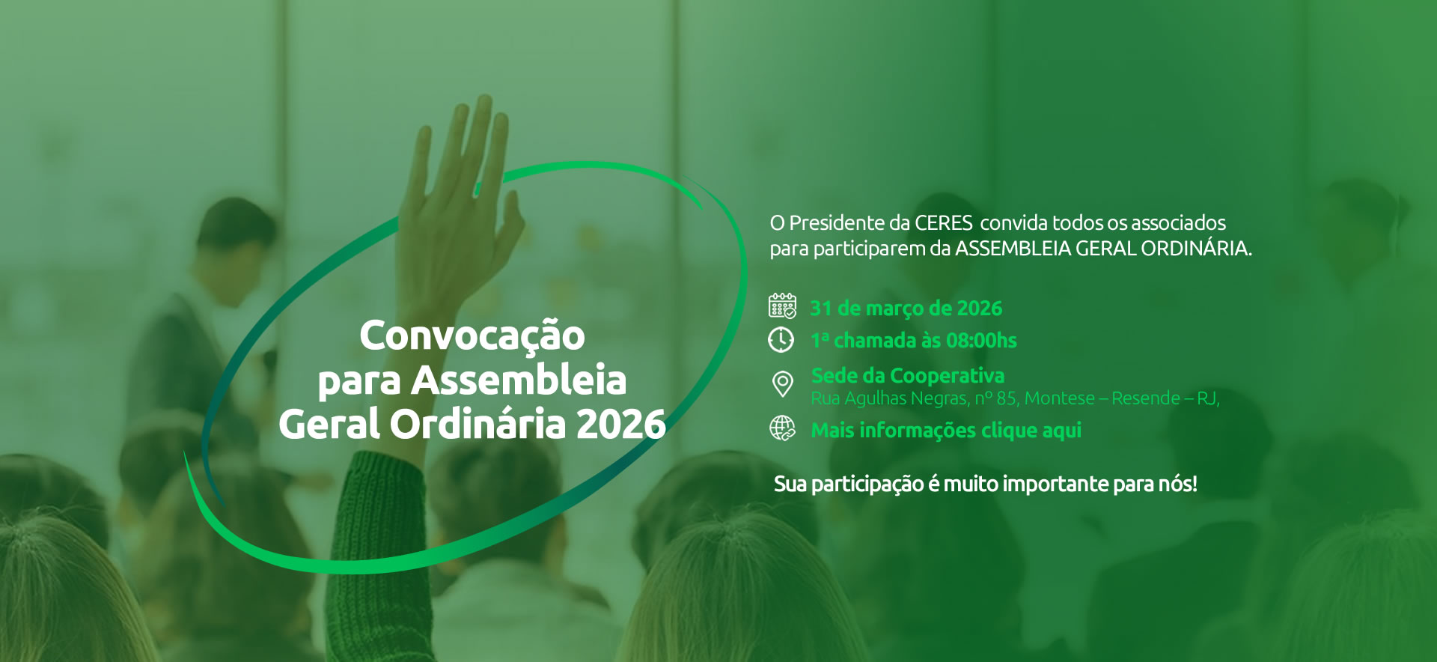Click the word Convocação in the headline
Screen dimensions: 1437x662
(x=472, y=336)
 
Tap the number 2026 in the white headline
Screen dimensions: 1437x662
(x=620, y=424)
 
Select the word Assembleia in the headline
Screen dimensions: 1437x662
(x=519, y=380)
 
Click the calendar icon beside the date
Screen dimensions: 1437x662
(x=782, y=306)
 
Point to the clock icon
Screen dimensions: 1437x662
(x=781, y=339)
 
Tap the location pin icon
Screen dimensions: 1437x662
(x=782, y=384)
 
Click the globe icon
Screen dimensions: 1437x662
(x=783, y=429)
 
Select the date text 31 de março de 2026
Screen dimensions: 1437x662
(x=906, y=309)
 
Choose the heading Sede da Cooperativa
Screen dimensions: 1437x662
(x=908, y=375)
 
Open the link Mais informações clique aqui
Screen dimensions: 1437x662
(x=946, y=431)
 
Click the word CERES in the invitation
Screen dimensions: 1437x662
(x=944, y=223)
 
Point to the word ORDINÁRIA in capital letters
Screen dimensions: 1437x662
(x=1196, y=248)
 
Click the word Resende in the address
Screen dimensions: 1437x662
(x=1146, y=398)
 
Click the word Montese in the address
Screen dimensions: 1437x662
(x=1059, y=398)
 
